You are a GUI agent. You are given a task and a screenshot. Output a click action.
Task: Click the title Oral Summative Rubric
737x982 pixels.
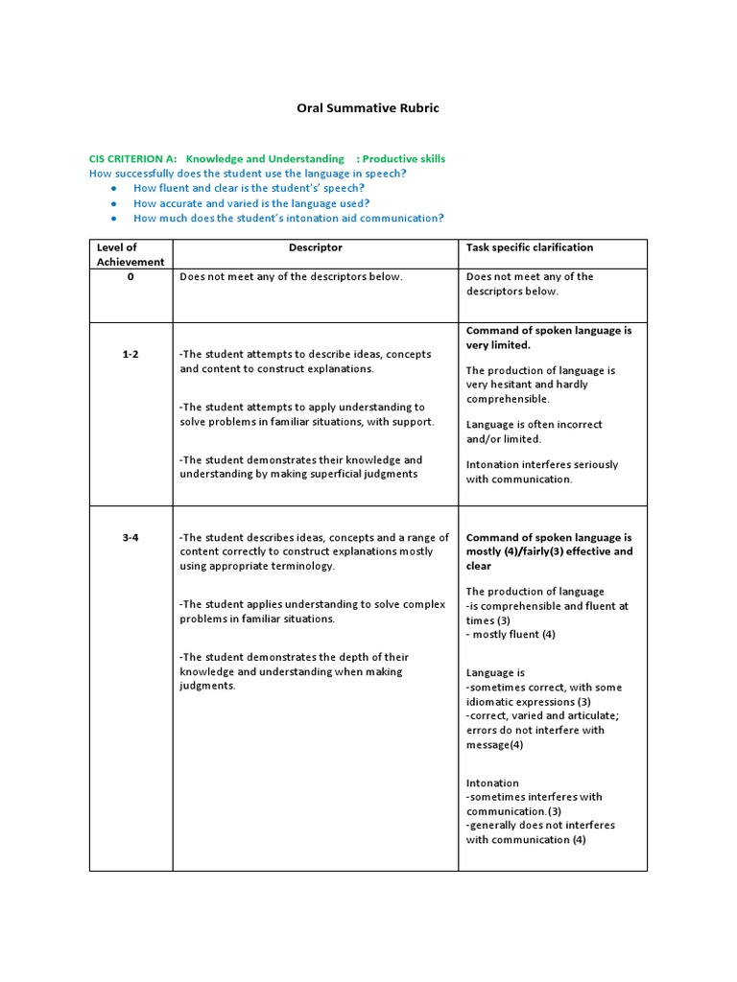coord(368,108)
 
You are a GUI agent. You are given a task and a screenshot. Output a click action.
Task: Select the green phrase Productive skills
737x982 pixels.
coord(404,158)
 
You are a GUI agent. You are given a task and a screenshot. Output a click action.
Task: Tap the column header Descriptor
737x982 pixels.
coord(315,247)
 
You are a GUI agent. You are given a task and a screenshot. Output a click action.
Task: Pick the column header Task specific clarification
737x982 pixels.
coord(530,247)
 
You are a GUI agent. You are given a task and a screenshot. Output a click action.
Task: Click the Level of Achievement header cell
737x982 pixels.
coord(131,254)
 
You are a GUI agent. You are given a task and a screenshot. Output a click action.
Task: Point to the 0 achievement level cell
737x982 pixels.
coord(131,276)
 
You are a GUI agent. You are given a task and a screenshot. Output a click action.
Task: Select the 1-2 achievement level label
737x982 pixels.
coord(131,354)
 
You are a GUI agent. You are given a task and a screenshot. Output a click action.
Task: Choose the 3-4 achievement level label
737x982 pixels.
coord(131,538)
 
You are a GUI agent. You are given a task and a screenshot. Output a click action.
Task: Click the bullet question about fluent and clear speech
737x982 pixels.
coord(249,188)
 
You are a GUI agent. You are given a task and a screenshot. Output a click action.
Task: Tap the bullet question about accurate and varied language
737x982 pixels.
coord(251,203)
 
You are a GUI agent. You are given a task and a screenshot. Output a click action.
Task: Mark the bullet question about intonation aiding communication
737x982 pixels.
coord(288,218)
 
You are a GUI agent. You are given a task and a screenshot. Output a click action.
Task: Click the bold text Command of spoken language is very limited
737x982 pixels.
coord(549,338)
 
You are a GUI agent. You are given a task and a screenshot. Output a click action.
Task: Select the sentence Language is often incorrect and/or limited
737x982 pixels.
coord(535,432)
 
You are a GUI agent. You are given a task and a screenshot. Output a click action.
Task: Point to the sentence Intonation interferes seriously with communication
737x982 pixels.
coord(542,472)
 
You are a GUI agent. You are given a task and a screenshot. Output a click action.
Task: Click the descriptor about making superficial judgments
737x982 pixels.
coord(300,467)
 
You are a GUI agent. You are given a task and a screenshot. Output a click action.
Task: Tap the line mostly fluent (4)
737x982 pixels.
coord(511,634)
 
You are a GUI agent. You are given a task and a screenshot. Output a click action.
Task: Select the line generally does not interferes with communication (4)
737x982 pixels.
coord(540,832)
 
